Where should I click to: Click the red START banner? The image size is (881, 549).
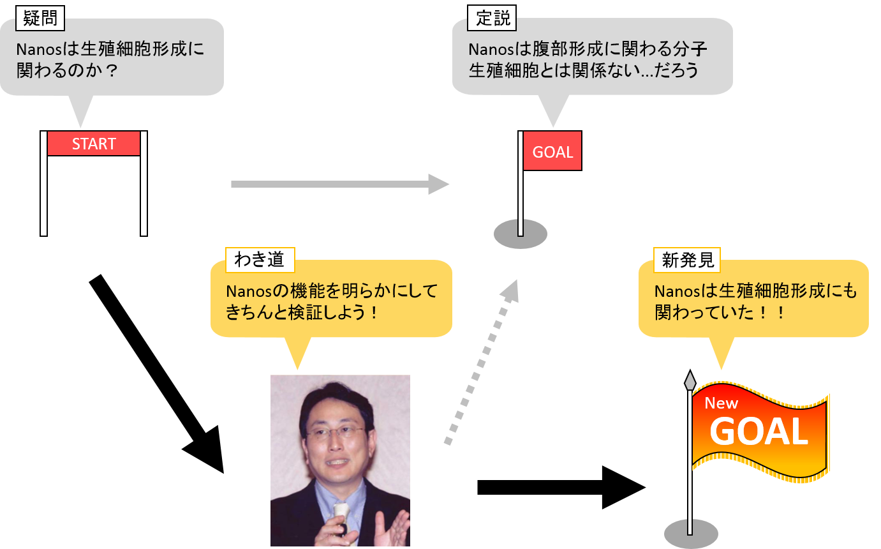[94, 143]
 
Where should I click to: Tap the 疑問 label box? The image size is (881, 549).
[40, 18]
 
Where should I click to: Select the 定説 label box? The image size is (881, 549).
[492, 18]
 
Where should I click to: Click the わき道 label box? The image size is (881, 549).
[260, 260]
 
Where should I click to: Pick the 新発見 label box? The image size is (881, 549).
[686, 260]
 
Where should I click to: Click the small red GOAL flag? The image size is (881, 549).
[552, 151]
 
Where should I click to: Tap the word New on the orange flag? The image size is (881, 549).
[721, 403]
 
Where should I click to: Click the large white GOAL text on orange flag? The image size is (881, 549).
[759, 432]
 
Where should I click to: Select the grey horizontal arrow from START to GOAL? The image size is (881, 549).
[340, 184]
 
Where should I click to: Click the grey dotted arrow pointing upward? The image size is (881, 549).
[482, 362]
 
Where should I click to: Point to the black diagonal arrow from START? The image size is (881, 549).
[156, 374]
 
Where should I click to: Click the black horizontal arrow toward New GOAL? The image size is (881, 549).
[561, 487]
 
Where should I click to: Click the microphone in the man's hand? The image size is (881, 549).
[341, 519]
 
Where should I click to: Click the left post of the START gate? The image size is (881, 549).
[43, 183]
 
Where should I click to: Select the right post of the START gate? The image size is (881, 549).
[144, 183]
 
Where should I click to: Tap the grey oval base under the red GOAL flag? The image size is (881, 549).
[521, 234]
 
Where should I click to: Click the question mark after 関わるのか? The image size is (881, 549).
[112, 71]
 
